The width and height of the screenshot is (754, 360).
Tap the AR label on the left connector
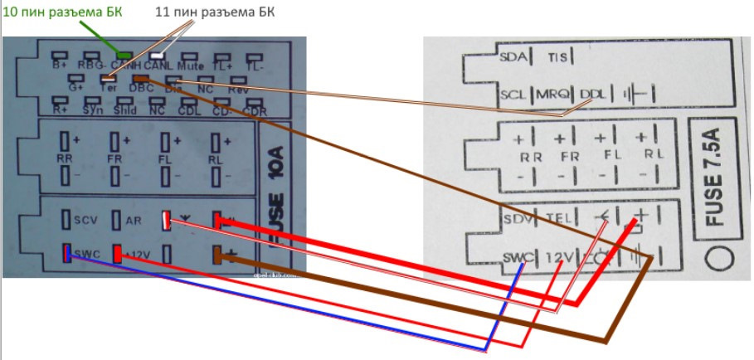pyautogui.click(x=133, y=221)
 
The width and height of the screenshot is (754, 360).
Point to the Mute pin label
pyautogui.click(x=191, y=64)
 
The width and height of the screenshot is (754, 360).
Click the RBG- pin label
pyautogui.click(x=91, y=65)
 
